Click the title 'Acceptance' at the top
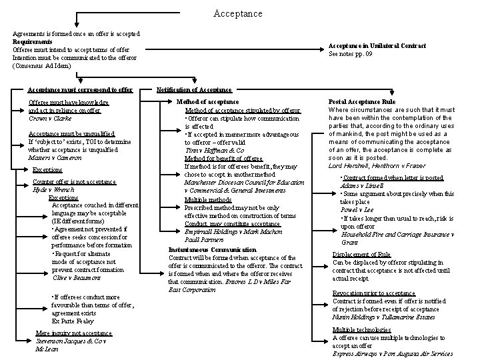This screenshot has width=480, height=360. [238, 13]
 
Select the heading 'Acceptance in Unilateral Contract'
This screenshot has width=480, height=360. [377, 45]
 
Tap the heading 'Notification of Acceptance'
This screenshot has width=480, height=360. [194, 89]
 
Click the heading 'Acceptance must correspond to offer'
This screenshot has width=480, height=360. [80, 89]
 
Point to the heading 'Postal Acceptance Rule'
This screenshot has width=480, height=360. [362, 101]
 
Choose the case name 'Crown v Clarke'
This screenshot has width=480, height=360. [51, 117]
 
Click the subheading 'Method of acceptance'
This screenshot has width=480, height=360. [207, 101]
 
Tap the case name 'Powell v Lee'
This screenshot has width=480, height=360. [357, 209]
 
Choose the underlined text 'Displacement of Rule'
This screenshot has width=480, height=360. [361, 255]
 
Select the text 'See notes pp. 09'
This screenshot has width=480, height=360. [351, 54]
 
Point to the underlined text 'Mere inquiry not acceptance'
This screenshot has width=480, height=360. [73, 333]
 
